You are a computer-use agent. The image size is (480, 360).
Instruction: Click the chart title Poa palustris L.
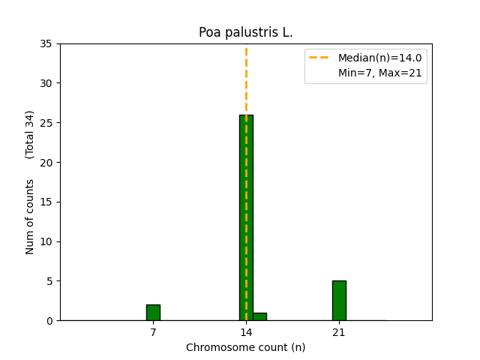[245, 32]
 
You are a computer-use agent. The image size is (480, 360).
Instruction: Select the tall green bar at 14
[246, 217]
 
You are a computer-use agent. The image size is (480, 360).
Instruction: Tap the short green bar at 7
[153, 312]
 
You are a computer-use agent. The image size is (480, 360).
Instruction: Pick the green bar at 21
[339, 300]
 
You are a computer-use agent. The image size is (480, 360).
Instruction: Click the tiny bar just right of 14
[259, 316]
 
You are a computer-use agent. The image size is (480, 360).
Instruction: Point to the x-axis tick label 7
[153, 332]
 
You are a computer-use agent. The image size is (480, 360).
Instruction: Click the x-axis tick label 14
[246, 332]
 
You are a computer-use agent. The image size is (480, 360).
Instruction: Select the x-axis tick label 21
[339, 332]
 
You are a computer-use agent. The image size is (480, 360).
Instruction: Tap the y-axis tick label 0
[49, 321]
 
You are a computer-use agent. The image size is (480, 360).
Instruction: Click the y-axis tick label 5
[49, 281]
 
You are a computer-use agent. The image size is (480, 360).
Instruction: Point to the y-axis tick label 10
[46, 241]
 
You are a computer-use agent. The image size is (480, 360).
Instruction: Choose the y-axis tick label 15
[46, 202]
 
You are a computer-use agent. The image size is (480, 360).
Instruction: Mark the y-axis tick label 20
[46, 162]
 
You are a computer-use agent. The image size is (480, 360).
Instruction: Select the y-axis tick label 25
[46, 123]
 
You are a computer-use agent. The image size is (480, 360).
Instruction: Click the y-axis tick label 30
[46, 83]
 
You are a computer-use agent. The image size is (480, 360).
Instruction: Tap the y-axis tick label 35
[46, 43]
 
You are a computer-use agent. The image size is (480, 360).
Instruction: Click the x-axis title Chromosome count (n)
[245, 347]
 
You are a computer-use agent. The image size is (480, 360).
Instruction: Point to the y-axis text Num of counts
[30, 217]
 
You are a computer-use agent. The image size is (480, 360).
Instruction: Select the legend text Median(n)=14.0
[379, 58]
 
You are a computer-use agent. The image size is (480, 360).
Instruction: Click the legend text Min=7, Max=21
[379, 73]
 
